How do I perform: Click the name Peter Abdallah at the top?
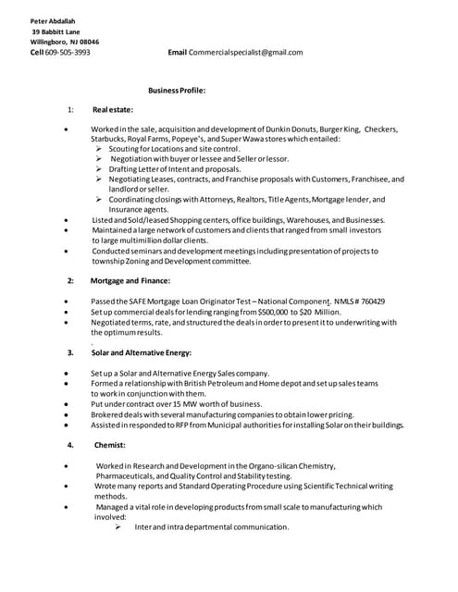53,21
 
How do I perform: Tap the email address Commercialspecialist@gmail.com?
245,53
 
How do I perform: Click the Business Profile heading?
177,91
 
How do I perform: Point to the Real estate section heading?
113,110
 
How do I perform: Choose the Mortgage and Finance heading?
130,280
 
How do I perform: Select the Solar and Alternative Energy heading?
141,352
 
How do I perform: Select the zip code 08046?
89,42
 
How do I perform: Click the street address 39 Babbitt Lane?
56,31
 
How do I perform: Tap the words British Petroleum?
199,383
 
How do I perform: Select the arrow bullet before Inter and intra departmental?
118,527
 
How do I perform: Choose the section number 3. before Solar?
70,352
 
